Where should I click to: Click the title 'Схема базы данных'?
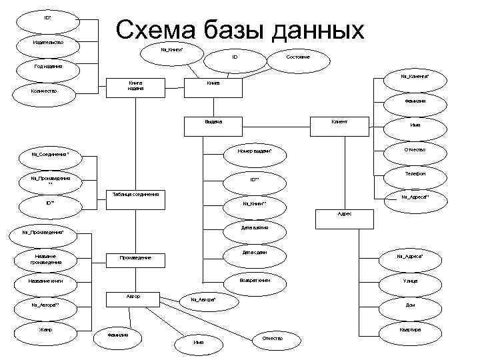[240, 30]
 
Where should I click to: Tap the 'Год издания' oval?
[49, 67]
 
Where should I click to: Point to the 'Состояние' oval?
[297, 57]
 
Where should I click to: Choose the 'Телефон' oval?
[415, 173]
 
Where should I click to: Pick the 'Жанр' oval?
[46, 329]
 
